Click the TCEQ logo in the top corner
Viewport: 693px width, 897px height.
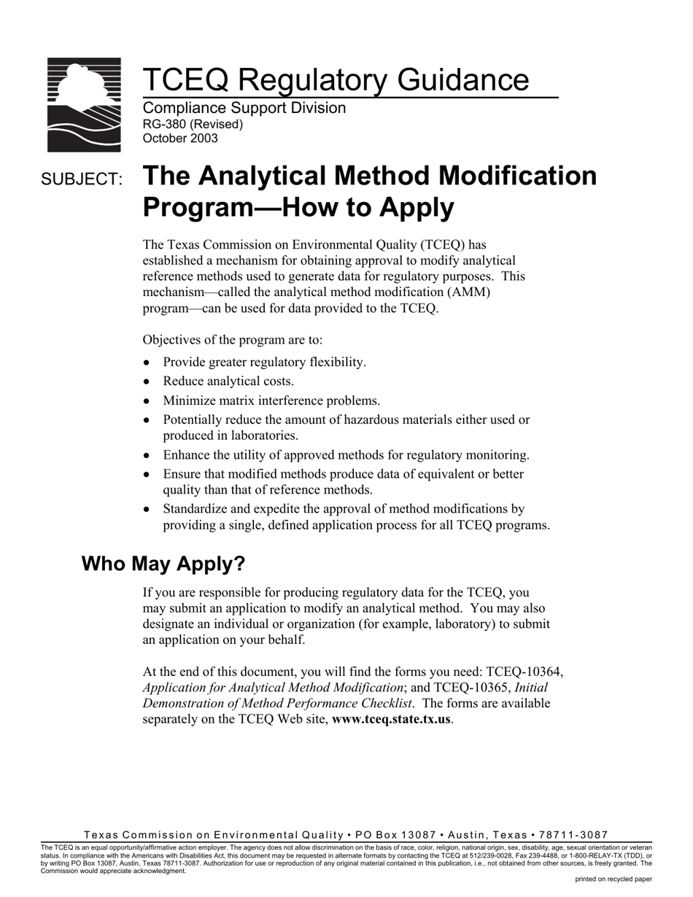(x=84, y=104)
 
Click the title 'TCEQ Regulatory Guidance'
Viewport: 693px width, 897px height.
(x=336, y=79)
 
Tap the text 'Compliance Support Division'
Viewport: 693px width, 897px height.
(x=244, y=108)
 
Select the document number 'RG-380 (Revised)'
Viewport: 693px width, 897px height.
(x=193, y=124)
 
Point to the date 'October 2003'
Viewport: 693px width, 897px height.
(x=180, y=139)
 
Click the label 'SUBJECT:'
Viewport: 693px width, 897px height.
(x=82, y=179)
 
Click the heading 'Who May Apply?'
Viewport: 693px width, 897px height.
(x=163, y=564)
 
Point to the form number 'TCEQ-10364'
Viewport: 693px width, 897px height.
(x=524, y=672)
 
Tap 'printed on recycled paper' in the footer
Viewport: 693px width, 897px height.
(x=613, y=879)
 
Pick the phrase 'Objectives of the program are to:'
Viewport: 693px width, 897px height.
(x=233, y=340)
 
